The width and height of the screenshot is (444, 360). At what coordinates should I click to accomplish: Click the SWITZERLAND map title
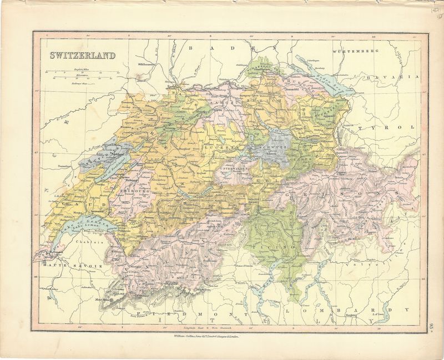[x=83, y=55]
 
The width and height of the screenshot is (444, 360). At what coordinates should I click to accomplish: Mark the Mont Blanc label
[x=118, y=298]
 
